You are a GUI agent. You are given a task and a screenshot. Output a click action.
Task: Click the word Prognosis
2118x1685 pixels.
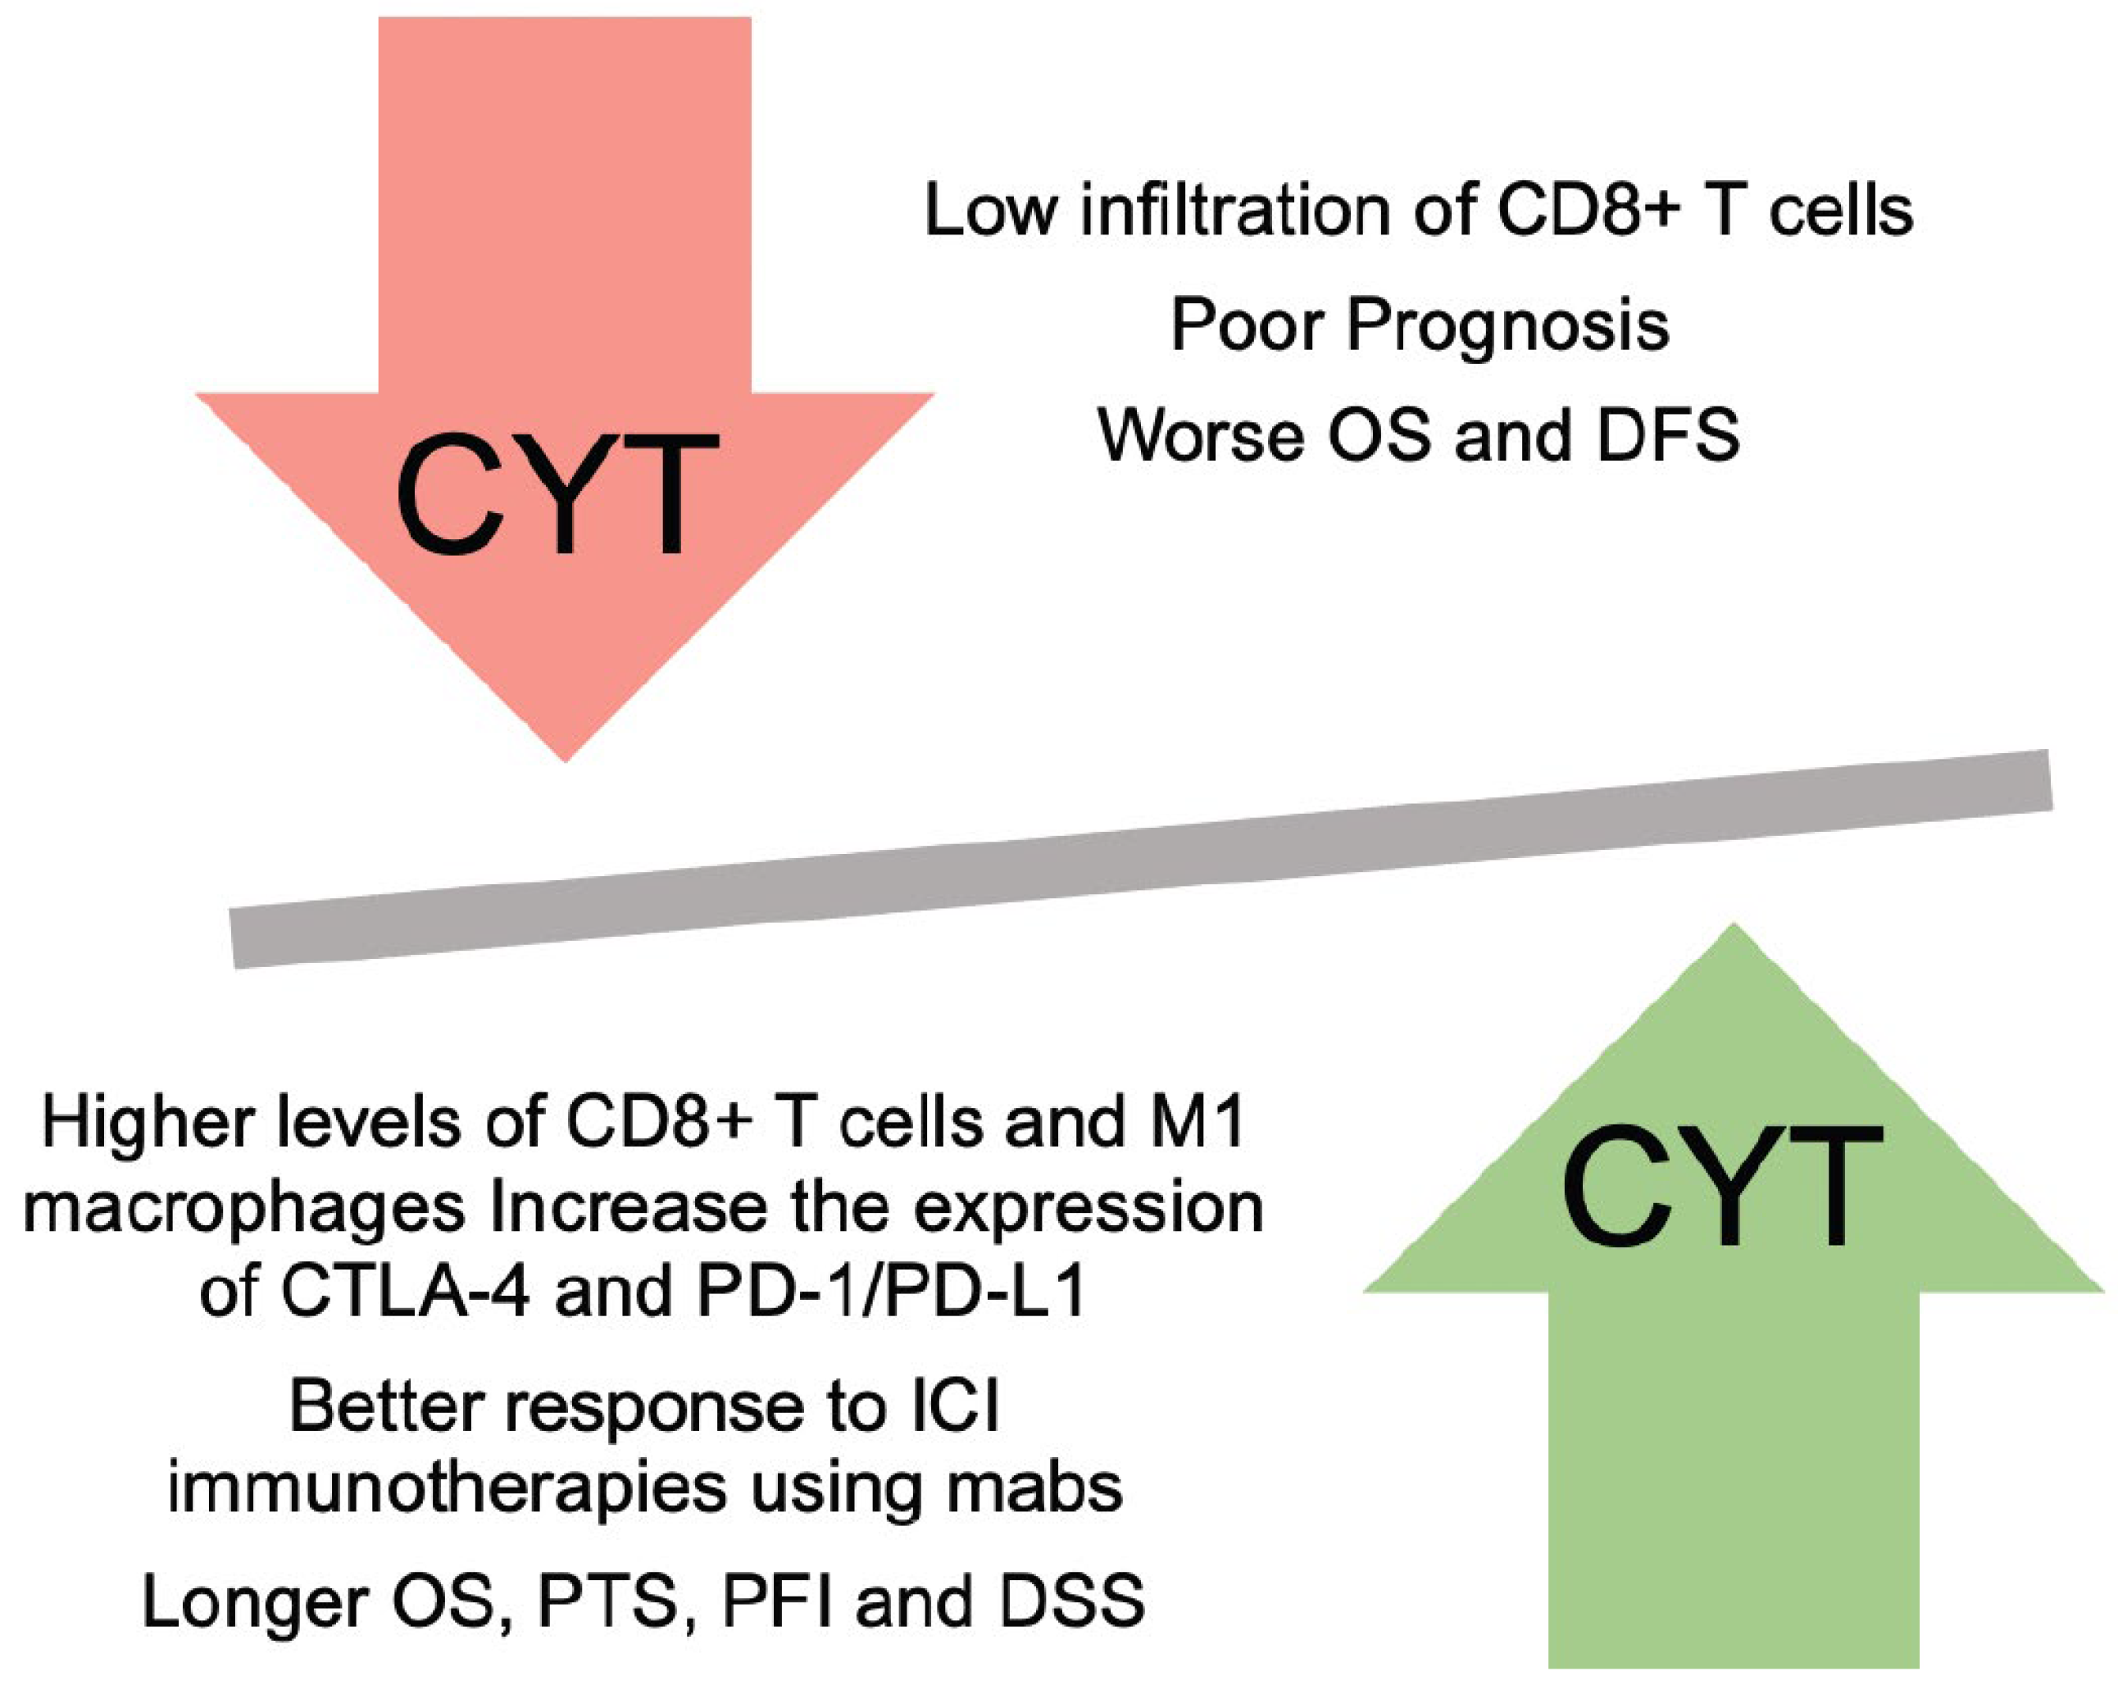(1507, 326)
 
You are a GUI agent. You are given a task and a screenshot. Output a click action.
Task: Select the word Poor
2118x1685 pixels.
(1248, 325)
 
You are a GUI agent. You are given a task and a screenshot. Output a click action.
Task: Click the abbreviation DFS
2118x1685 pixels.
(1668, 435)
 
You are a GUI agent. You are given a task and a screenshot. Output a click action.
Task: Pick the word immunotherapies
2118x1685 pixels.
(447, 1487)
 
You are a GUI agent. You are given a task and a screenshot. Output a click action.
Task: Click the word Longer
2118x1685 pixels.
(257, 1601)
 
